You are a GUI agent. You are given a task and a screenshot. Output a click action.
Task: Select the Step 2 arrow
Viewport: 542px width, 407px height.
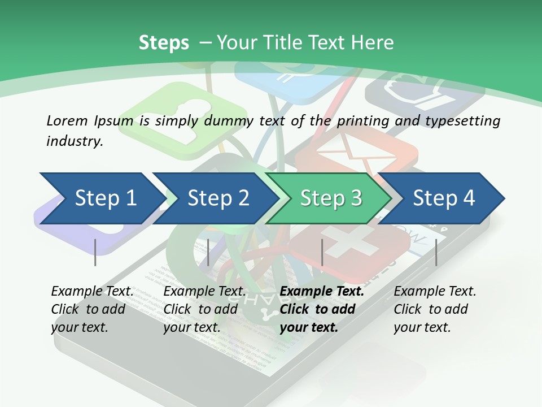tap(217, 198)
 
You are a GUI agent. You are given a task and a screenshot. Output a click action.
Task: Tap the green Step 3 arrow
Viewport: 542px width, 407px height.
tap(330, 198)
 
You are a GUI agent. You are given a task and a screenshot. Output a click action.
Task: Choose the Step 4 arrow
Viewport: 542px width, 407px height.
tap(443, 198)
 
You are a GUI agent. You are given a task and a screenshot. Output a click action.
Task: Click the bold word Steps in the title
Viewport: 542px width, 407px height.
tap(164, 43)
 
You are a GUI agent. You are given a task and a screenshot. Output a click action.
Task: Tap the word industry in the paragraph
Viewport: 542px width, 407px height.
tap(74, 141)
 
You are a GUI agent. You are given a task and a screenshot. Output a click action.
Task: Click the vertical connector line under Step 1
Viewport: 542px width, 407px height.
tap(95, 252)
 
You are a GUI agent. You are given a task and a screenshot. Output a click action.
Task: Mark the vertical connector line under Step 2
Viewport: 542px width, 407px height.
tap(208, 252)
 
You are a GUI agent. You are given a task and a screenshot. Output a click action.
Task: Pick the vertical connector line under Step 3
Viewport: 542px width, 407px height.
tap(322, 252)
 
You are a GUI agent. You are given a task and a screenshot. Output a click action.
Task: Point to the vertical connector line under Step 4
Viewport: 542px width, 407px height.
tap(436, 252)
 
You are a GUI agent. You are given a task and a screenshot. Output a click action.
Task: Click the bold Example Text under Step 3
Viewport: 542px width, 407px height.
tap(322, 292)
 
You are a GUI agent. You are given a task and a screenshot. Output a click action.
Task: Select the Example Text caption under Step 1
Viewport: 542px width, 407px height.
tap(92, 292)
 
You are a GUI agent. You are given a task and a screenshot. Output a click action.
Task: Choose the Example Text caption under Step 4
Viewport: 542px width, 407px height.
tap(435, 292)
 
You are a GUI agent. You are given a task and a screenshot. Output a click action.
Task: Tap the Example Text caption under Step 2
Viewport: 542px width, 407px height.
tap(204, 292)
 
